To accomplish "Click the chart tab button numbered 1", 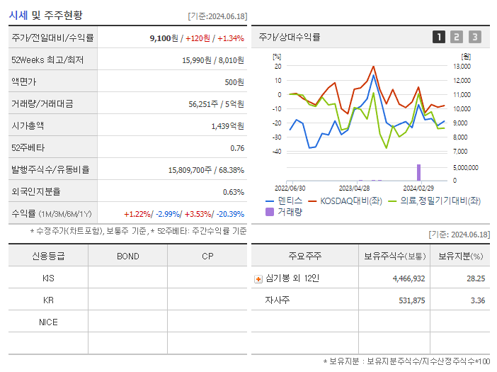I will tap(439, 37).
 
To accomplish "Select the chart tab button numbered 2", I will tap(457, 37).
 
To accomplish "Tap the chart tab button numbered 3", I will tap(474, 37).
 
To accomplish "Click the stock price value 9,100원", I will tap(164, 38).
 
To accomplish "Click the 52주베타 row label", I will tap(27, 148).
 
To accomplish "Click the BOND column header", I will tap(127, 257).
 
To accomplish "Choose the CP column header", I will tap(207, 257).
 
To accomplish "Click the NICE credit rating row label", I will tap(48, 322).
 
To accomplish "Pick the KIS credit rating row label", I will tap(48, 278).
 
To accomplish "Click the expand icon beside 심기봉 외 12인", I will tap(258, 279).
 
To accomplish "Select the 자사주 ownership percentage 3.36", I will tap(478, 300).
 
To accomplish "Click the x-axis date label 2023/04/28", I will tap(355, 188).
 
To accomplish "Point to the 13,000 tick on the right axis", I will tap(461, 66).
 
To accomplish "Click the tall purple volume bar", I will tap(418, 172).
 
